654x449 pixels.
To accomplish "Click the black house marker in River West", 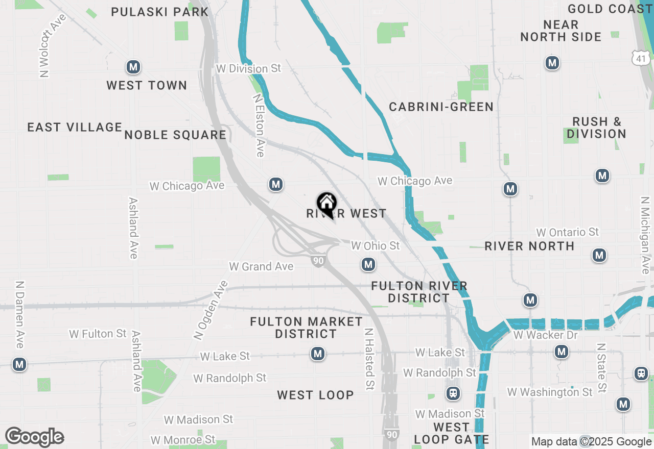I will tap(326, 204).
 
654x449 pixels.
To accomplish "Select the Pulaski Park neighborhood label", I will tap(159, 12).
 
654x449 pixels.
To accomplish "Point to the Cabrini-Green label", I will tap(441, 107).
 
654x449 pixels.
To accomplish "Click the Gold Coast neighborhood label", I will tap(610, 9).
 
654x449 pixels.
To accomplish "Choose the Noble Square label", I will tap(175, 135).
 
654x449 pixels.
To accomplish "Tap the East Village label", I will tap(75, 127).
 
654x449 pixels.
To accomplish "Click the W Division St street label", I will tap(248, 68).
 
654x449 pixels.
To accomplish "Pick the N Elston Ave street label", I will tap(259, 124).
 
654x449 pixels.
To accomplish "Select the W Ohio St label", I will tap(375, 246).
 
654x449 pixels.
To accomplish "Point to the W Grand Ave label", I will tap(261, 266).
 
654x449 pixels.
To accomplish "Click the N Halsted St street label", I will tap(368, 359).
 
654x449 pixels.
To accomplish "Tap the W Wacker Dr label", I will tap(545, 335).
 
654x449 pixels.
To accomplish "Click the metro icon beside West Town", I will tap(133, 67).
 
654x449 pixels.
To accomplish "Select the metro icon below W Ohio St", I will tap(368, 264).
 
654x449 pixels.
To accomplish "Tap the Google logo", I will tap(34, 437).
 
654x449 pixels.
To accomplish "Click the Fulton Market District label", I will tap(306, 328).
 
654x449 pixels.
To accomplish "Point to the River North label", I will tap(529, 246).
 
